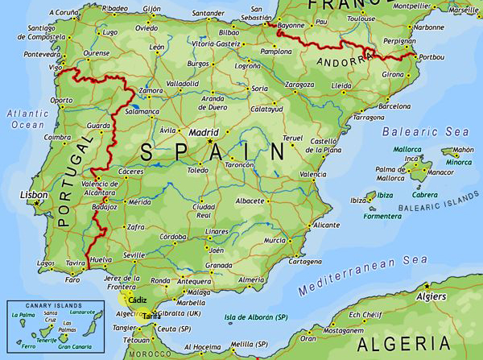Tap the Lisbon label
33,195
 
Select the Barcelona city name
394,106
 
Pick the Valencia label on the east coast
312,174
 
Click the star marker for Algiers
427,286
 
